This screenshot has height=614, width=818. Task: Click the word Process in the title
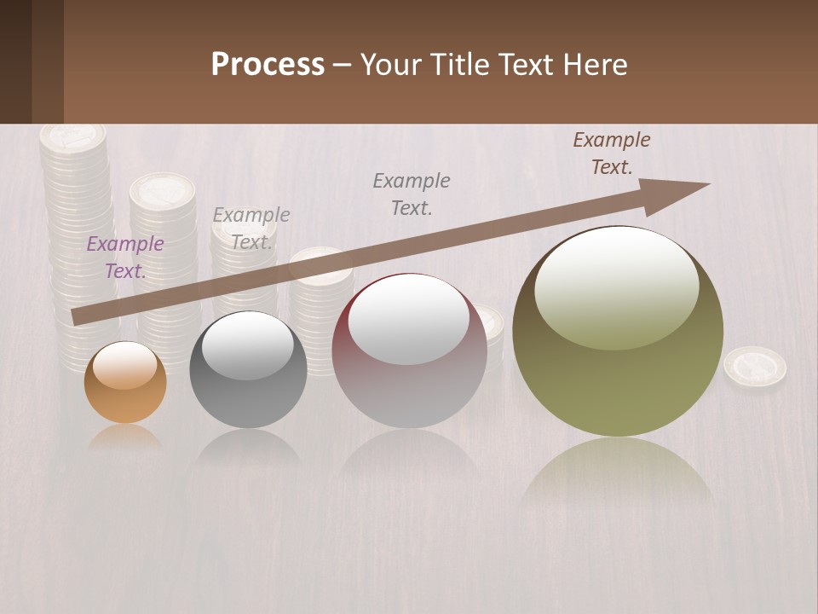(268, 64)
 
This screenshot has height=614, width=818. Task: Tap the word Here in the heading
(595, 64)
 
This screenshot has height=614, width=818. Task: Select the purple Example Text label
(125, 257)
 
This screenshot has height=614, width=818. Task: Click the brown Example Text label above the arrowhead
(612, 153)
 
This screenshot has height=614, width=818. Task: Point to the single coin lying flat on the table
(755, 367)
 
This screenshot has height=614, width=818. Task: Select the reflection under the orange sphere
(125, 437)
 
